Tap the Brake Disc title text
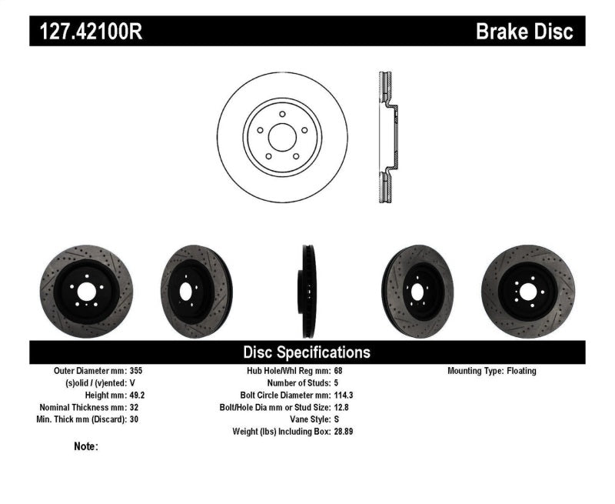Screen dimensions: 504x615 point(524,32)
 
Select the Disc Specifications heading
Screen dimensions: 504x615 point(307,352)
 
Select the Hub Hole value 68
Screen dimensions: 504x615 point(339,371)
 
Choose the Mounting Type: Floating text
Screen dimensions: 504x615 point(492,371)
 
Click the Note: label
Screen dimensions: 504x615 point(86,446)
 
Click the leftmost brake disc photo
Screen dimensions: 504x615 point(86,292)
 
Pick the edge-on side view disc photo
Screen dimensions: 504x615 point(307,292)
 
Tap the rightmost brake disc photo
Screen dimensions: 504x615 point(527,292)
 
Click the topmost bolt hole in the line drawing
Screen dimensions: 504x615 point(282,114)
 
